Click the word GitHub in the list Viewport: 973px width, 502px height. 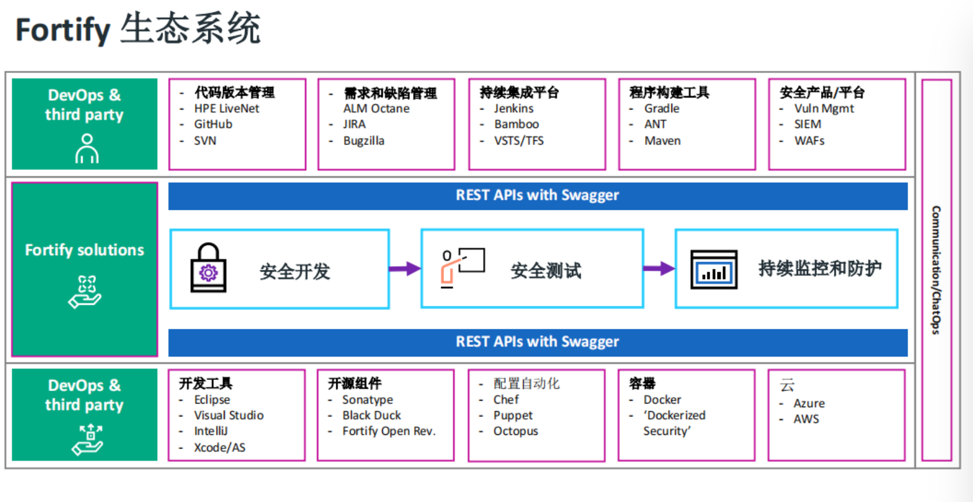point(213,124)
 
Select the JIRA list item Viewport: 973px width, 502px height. point(355,124)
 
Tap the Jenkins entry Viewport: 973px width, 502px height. point(514,108)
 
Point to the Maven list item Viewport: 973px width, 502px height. point(663,141)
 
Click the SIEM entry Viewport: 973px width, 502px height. point(807,124)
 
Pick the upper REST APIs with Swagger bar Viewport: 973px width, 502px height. point(538,196)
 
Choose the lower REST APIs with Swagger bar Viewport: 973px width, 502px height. point(538,342)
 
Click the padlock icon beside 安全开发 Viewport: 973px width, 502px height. point(208,267)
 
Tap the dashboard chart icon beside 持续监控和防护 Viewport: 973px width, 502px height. point(714,269)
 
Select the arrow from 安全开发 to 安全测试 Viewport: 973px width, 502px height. point(405,269)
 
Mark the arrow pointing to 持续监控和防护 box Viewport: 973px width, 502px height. point(659,269)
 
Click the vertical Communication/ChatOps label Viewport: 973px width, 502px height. point(936,270)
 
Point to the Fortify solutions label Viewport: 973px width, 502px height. point(84,250)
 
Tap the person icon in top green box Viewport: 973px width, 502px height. point(87,148)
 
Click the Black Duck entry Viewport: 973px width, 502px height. point(372,415)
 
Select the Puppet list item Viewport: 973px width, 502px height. point(512,416)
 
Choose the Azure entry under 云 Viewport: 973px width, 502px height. point(809,404)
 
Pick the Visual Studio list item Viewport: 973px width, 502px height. point(229,415)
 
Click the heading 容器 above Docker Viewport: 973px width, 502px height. point(642,384)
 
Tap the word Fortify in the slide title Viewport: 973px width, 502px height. point(63,31)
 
